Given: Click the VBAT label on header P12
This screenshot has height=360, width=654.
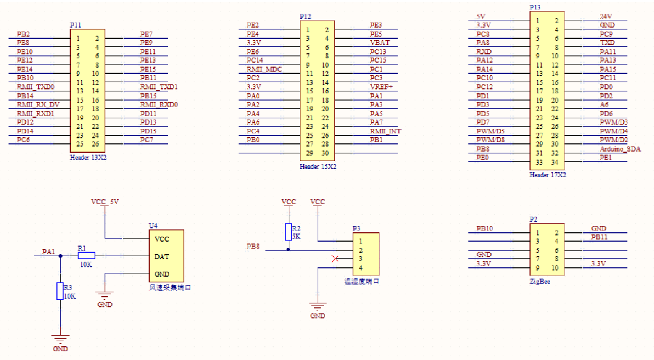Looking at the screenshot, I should pyautogui.click(x=380, y=43).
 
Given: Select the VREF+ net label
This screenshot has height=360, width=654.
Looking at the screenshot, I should pyautogui.click(x=381, y=86).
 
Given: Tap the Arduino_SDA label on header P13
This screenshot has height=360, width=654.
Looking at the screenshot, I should pyautogui.click(x=620, y=149).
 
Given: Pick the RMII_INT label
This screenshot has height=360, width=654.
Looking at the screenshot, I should pyautogui.click(x=385, y=131).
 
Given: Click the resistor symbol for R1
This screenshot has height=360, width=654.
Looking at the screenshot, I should pyautogui.click(x=86, y=255).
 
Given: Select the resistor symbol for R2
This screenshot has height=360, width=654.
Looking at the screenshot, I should pyautogui.click(x=288, y=230).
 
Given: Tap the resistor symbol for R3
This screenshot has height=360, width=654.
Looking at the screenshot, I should pyautogui.click(x=60, y=291).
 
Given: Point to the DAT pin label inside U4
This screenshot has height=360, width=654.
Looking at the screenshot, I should pyautogui.click(x=161, y=256).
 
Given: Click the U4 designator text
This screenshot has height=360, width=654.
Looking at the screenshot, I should pyautogui.click(x=152, y=225).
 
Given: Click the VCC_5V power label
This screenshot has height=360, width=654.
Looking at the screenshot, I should pyautogui.click(x=105, y=202).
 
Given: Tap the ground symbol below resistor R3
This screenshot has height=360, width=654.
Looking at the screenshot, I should pyautogui.click(x=60, y=339).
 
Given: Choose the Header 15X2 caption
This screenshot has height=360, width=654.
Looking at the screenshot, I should pyautogui.click(x=318, y=167).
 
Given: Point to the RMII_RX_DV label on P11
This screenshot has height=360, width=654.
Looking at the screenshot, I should pyautogui.click(x=38, y=105).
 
